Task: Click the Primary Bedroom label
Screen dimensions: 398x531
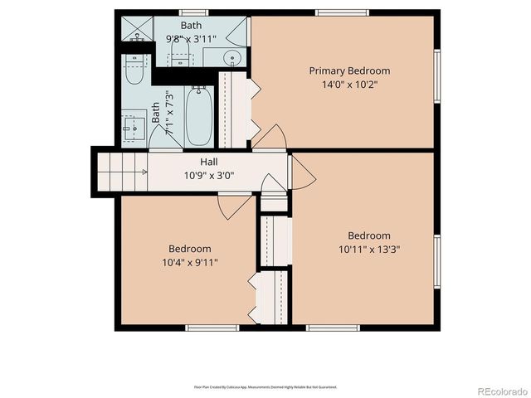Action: click(x=349, y=70)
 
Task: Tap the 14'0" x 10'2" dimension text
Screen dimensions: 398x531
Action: click(x=349, y=84)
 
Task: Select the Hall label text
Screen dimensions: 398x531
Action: click(x=209, y=162)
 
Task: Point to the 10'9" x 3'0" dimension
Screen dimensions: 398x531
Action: click(x=209, y=175)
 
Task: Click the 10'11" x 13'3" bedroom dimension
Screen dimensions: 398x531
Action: click(x=368, y=249)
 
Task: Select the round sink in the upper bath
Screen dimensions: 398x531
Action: click(x=232, y=58)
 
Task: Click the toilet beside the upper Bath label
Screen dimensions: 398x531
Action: click(x=179, y=59)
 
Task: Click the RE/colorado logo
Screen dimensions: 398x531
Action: click(x=498, y=388)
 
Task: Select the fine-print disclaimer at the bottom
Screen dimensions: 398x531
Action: click(x=265, y=386)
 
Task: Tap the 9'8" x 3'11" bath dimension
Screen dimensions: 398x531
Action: click(x=192, y=38)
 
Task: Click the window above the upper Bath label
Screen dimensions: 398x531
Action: click(x=192, y=12)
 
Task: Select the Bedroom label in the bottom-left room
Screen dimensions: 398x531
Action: click(x=190, y=249)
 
